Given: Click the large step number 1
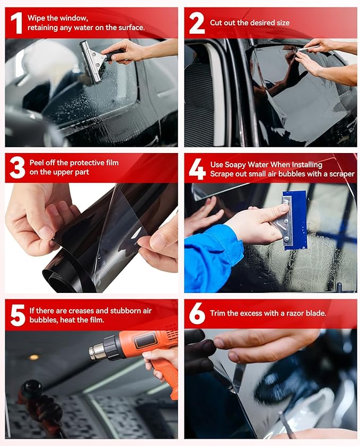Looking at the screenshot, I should click(16, 23).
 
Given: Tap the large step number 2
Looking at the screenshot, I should click(196, 23).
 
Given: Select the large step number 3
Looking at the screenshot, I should click(17, 167).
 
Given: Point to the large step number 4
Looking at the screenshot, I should click(197, 168).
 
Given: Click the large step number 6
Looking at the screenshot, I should click(197, 314).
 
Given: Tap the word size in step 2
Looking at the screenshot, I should click(280, 23).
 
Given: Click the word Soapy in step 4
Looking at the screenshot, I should click(236, 165).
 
